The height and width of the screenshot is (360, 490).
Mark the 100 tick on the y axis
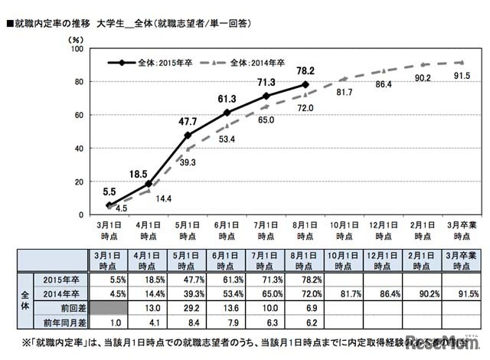(x=76, y=49)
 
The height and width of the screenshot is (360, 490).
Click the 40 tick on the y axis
(x=78, y=148)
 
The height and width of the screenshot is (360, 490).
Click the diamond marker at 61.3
(x=227, y=113)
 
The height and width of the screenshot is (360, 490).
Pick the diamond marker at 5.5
(x=109, y=205)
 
